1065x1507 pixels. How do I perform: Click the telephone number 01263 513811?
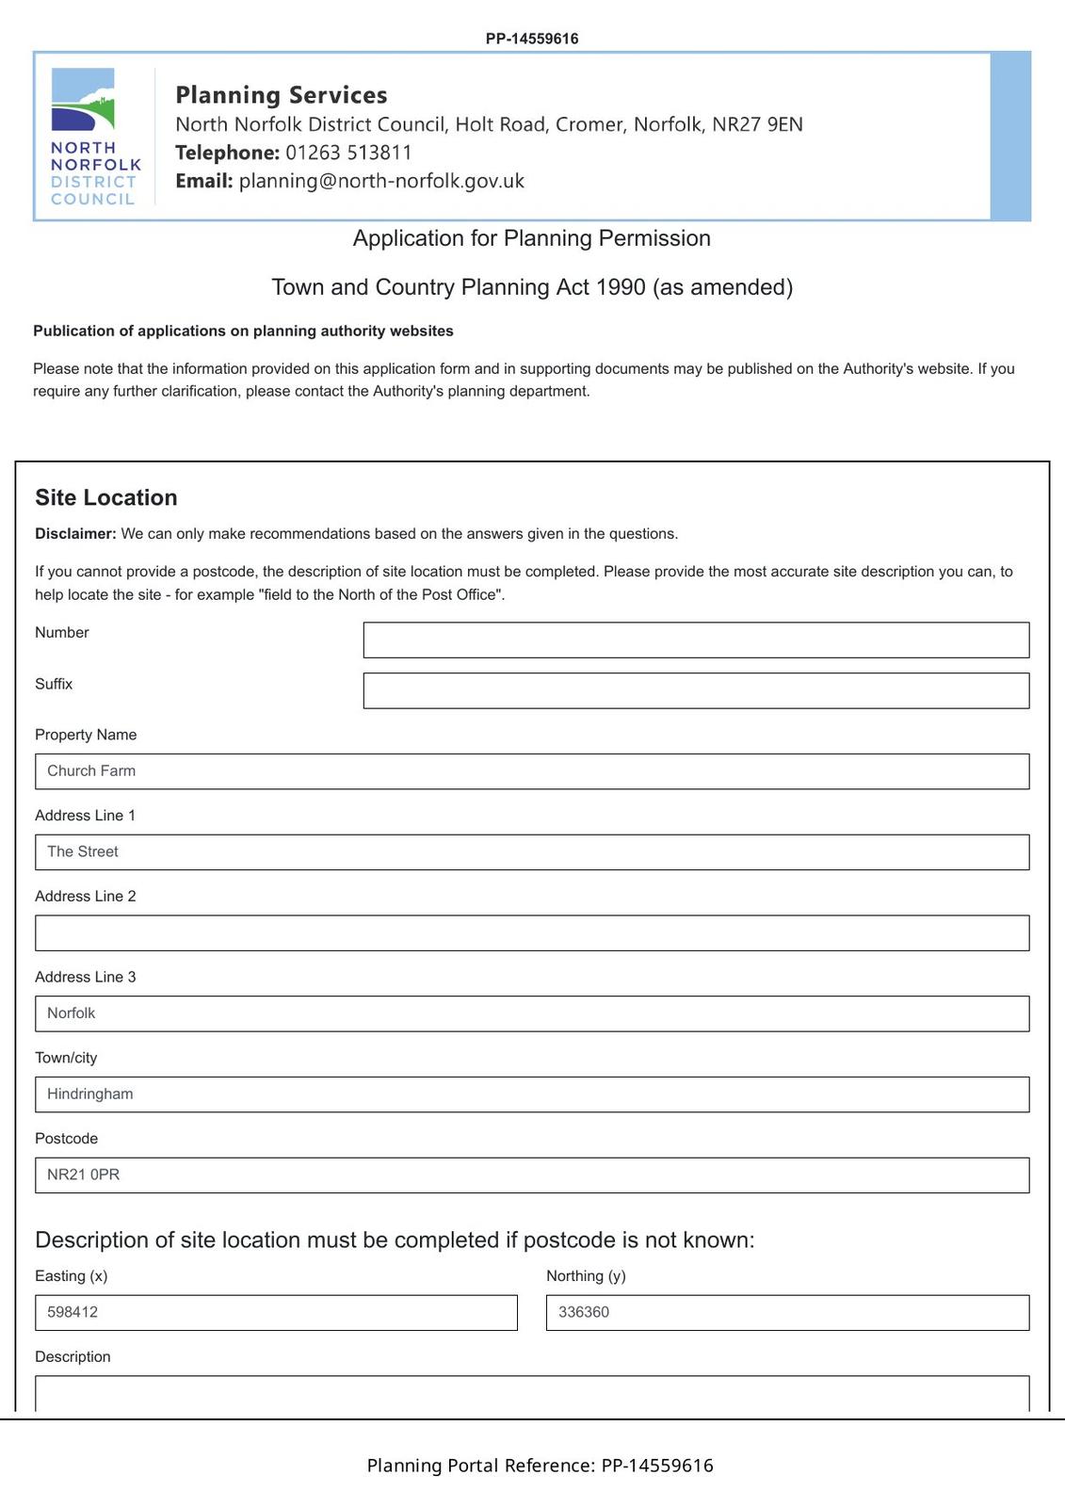click(x=348, y=153)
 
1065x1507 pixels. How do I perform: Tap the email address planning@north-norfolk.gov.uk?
click(x=381, y=181)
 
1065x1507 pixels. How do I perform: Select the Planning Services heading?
click(x=282, y=95)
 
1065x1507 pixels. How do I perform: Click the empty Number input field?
click(x=696, y=640)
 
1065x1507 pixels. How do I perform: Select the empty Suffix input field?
click(x=696, y=691)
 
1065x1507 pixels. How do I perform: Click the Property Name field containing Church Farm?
click(x=532, y=771)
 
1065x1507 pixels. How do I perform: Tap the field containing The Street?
click(x=532, y=852)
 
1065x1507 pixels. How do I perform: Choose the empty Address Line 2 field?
click(x=532, y=933)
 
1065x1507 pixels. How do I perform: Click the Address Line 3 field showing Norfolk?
click(x=532, y=1014)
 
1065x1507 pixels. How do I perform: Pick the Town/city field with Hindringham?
click(x=532, y=1094)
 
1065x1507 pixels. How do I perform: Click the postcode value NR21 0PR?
click(x=84, y=1175)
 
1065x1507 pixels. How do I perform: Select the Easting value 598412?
click(x=73, y=1312)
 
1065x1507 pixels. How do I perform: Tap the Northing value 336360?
click(x=584, y=1312)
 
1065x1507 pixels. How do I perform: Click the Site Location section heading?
click(x=106, y=498)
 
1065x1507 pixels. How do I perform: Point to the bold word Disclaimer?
click(x=75, y=534)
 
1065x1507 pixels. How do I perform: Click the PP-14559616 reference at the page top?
click(x=532, y=39)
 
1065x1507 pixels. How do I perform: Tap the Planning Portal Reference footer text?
click(x=540, y=1466)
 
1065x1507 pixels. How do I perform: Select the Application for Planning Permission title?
click(x=532, y=238)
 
